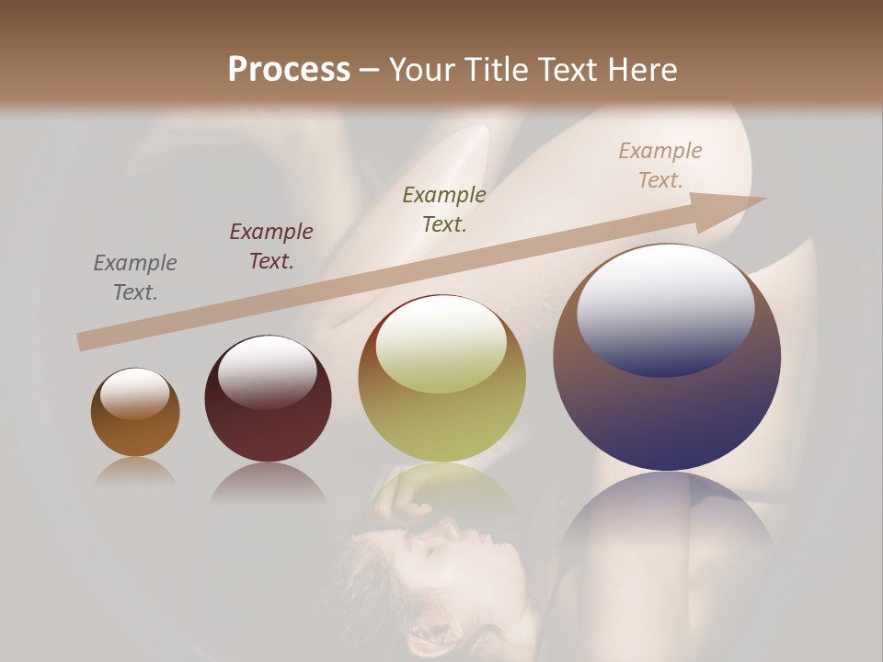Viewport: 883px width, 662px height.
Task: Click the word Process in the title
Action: (x=289, y=70)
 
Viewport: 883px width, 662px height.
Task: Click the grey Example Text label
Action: (x=135, y=278)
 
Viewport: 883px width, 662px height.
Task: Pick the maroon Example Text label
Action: (x=271, y=246)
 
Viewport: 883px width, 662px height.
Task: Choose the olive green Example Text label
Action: (x=444, y=210)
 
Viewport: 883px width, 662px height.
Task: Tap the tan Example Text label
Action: (x=660, y=165)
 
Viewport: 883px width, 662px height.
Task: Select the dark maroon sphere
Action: (x=268, y=423)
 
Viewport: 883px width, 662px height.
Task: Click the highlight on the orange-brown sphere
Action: (x=135, y=394)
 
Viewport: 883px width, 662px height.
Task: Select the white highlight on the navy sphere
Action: (x=666, y=308)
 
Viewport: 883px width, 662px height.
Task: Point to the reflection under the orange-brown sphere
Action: (x=135, y=473)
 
